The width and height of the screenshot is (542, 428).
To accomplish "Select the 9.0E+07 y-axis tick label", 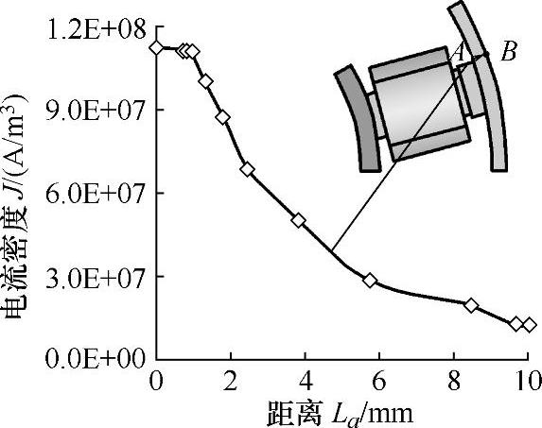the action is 95,111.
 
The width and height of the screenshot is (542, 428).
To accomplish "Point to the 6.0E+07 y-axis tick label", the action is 95,194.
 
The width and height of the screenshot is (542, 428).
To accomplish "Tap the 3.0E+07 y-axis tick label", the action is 95,277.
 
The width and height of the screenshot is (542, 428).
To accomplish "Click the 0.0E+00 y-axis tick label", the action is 95,359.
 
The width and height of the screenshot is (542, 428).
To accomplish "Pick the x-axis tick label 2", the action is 230,382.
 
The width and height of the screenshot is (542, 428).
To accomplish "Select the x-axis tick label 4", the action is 306,382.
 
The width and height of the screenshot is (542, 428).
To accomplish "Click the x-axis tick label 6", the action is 379,382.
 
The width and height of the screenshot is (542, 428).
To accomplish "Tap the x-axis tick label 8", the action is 454,382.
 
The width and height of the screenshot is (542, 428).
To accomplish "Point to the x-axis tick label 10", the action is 529,382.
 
